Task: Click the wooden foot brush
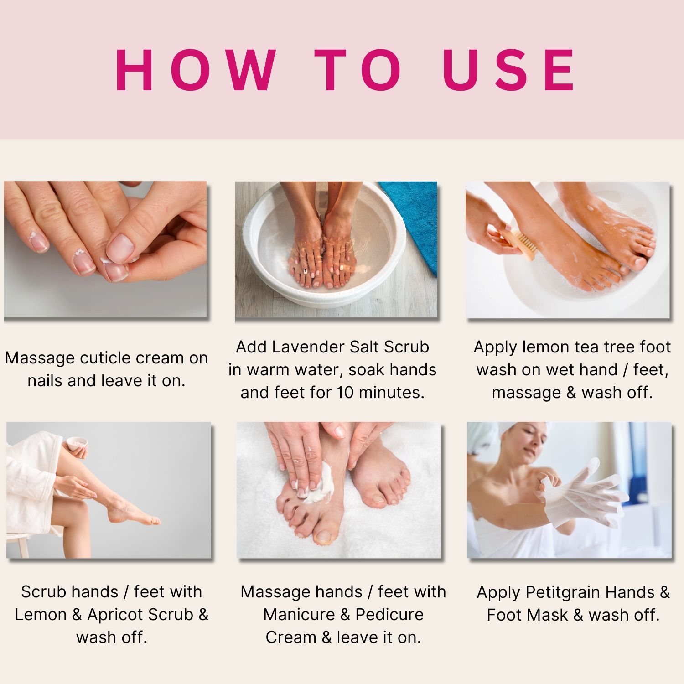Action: pyautogui.click(x=517, y=244)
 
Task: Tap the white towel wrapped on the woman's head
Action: pyautogui.click(x=483, y=438)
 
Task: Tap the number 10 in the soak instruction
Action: pyautogui.click(x=346, y=393)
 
